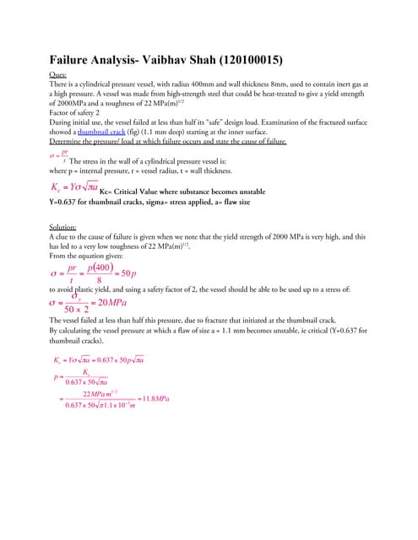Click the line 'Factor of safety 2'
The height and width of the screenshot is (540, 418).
(x=79, y=112)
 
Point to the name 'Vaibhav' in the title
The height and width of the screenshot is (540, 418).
(x=165, y=61)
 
